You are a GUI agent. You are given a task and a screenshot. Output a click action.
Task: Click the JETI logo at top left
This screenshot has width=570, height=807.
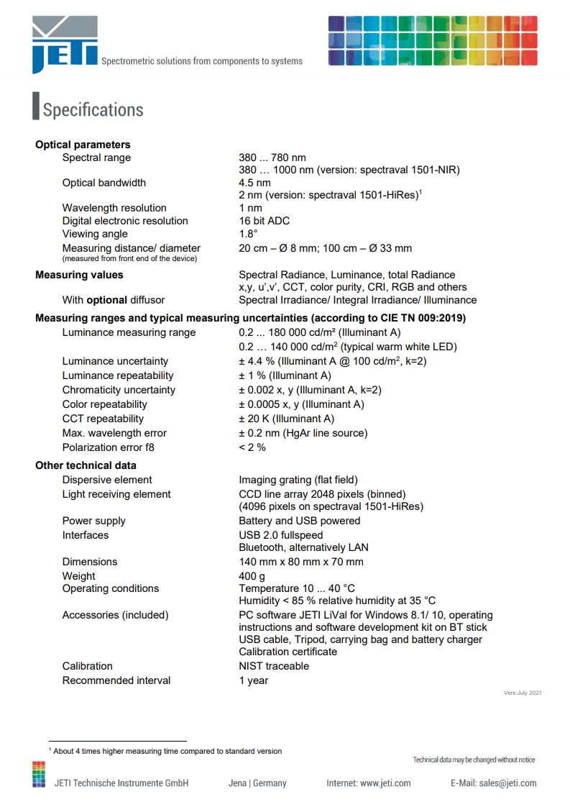pyautogui.click(x=64, y=45)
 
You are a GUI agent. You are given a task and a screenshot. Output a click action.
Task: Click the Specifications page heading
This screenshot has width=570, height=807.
pyautogui.click(x=93, y=110)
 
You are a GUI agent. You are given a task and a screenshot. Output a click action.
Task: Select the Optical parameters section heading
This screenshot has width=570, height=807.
pyautogui.click(x=83, y=145)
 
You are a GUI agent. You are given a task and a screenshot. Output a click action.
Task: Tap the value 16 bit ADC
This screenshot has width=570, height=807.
pyautogui.click(x=265, y=221)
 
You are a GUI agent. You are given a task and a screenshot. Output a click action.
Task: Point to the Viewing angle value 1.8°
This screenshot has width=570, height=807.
pyautogui.click(x=248, y=234)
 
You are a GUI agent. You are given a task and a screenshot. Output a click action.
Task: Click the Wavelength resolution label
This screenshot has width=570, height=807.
pyautogui.click(x=114, y=208)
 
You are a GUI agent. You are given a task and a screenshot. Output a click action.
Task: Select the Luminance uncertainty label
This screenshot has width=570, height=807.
pyautogui.click(x=115, y=361)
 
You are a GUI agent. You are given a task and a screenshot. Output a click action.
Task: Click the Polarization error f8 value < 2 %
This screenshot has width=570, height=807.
pyautogui.click(x=252, y=447)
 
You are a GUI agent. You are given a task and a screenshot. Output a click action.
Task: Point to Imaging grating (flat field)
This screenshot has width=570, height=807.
pyautogui.click(x=298, y=480)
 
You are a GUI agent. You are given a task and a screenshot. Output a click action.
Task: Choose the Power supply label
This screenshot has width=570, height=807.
pyautogui.click(x=93, y=521)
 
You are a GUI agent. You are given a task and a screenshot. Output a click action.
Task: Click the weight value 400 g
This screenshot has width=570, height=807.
pyautogui.click(x=252, y=576)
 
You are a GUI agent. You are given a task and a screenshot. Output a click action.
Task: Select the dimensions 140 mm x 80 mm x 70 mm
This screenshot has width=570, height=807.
pyautogui.click(x=301, y=562)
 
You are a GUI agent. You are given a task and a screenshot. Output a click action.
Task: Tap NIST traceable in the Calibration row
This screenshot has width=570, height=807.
pyautogui.click(x=274, y=666)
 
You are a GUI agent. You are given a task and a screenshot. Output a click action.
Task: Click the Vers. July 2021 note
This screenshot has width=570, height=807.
pyautogui.click(x=523, y=693)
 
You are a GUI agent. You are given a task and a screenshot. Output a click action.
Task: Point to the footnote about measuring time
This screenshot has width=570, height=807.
pyautogui.click(x=167, y=751)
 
